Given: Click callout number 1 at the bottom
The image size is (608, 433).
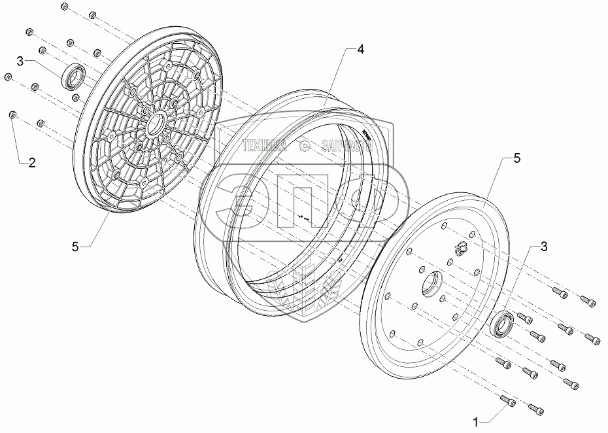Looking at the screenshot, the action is pyautogui.click(x=477, y=421).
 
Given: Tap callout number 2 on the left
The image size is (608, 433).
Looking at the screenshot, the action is pyautogui.click(x=31, y=163).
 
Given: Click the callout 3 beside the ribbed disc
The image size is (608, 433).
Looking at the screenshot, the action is pyautogui.click(x=21, y=61).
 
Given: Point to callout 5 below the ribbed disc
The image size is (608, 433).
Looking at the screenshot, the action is pyautogui.click(x=76, y=246).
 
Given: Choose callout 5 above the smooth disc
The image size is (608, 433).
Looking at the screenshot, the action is pyautogui.click(x=517, y=158).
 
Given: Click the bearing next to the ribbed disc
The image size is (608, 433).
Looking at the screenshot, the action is pyautogui.click(x=73, y=77).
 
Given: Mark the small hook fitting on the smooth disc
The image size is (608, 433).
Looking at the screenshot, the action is pyautogui.click(x=460, y=247).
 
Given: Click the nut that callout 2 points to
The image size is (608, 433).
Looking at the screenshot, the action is pyautogui.click(x=12, y=116).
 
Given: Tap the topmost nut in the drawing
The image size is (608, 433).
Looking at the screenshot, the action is pyautogui.click(x=63, y=7).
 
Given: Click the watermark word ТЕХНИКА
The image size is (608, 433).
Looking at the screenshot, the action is pyautogui.click(x=265, y=147).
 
